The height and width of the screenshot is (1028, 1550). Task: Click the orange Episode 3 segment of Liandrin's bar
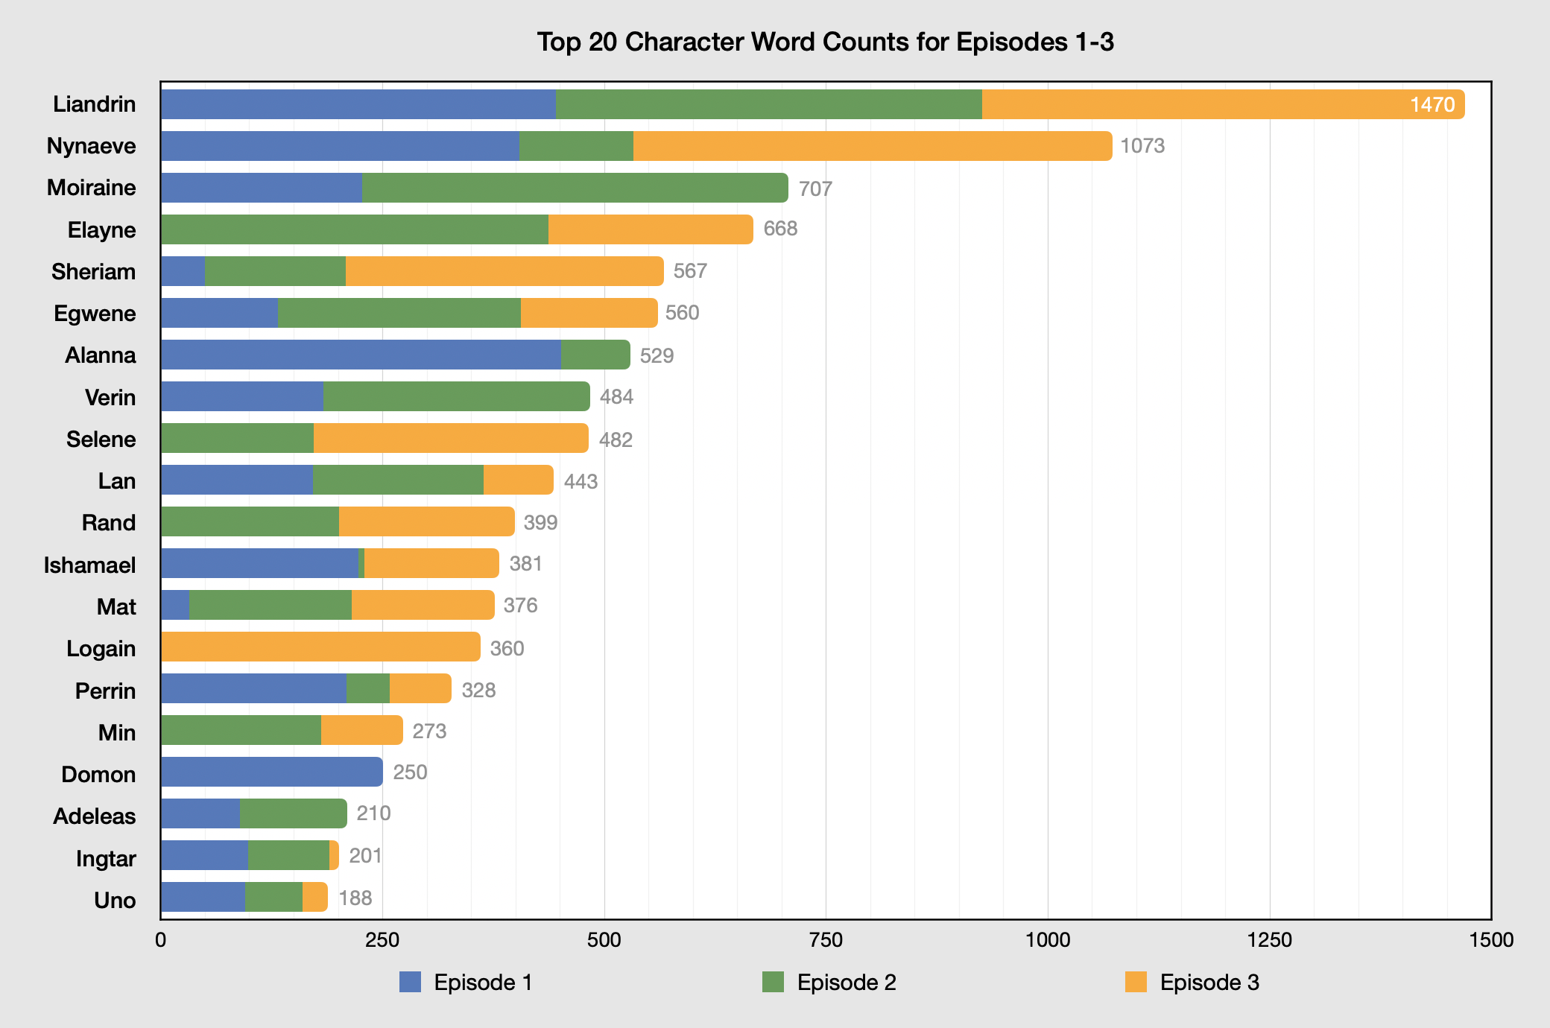pos(1192,104)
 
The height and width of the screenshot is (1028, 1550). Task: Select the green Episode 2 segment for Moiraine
pos(574,188)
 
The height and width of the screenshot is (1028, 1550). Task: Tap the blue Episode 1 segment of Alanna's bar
pos(361,355)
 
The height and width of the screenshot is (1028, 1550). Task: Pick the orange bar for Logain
pos(320,647)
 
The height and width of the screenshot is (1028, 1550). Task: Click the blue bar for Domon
pos(271,772)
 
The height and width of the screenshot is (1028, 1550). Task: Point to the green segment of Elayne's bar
pos(355,229)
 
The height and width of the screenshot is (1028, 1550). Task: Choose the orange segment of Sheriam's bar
pos(504,271)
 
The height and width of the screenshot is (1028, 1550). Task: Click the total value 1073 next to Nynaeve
pos(1142,146)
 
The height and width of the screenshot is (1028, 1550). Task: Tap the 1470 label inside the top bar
pos(1432,104)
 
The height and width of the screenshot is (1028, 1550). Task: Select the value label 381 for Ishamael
pos(525,564)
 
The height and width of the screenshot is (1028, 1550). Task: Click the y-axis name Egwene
pos(95,314)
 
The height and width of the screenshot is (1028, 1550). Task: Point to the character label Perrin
pos(105,691)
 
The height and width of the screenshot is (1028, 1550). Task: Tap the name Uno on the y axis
pos(115,901)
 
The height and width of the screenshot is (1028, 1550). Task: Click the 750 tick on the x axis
pos(826,940)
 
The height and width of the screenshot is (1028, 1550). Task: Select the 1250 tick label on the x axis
pos(1269,940)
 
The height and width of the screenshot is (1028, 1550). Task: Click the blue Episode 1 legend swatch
pos(410,982)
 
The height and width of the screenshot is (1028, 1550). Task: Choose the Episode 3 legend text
pos(1209,983)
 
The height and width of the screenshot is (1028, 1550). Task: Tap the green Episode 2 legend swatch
pos(773,982)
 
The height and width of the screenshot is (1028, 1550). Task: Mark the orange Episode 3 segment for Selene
pos(450,438)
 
